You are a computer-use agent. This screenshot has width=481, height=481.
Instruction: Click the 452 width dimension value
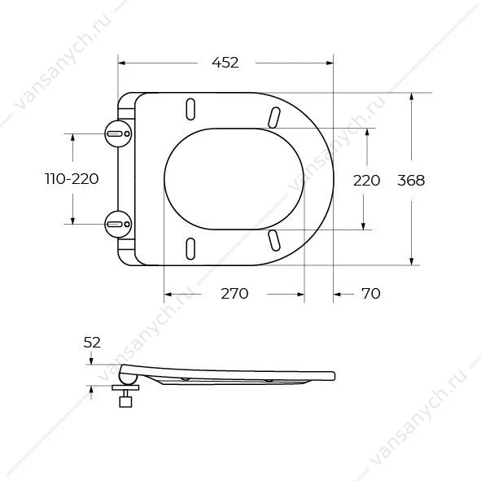225,63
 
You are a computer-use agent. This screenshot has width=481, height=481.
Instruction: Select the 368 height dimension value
411,180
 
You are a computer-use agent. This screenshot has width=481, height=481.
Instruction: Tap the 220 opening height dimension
366,180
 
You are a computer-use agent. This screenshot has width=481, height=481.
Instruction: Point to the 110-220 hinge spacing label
72,179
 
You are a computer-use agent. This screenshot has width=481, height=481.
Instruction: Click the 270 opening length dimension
234,294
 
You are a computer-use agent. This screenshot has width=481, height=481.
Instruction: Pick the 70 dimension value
371,294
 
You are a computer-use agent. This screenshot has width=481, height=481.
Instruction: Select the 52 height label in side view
92,343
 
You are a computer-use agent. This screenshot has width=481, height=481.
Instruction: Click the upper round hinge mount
118,133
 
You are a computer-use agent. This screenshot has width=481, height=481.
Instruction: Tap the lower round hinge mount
118,225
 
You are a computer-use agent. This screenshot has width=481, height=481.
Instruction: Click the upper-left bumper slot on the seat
190,109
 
